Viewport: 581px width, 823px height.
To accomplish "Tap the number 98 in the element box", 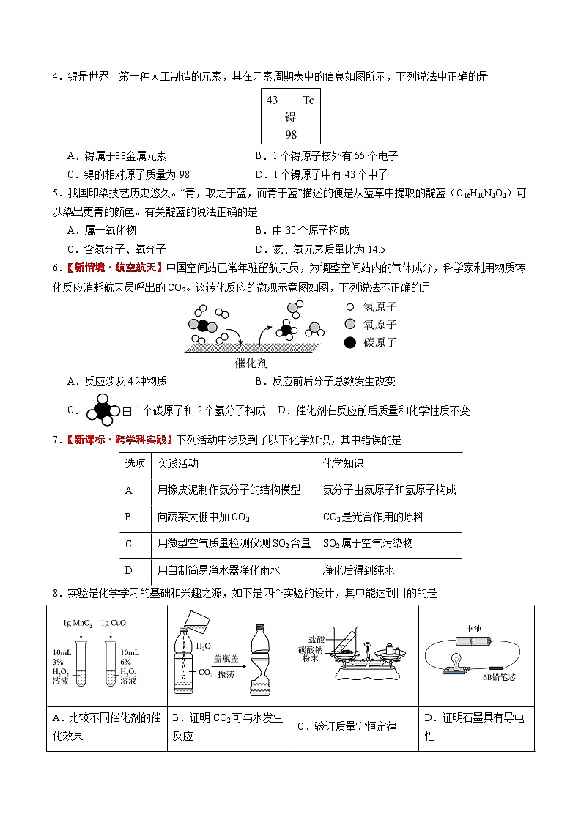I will (291, 135).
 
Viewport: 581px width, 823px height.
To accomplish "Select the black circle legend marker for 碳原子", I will (350, 342).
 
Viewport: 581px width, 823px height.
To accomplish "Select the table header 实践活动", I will (177, 465).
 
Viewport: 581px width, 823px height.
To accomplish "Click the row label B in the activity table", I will (128, 517).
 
